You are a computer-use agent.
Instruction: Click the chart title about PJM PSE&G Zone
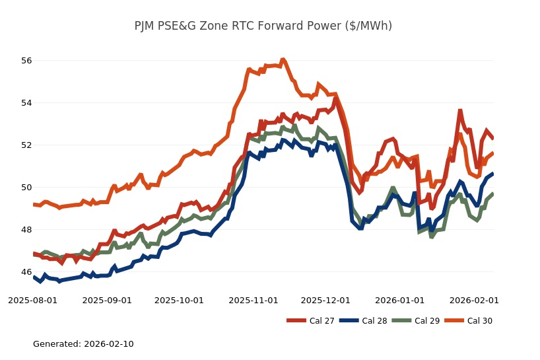(263, 26)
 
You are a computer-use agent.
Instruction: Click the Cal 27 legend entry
(310, 321)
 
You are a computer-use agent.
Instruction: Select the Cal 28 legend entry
(363, 321)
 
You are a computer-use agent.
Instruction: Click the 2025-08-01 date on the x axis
(33, 301)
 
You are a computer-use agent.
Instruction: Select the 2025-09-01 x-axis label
(107, 301)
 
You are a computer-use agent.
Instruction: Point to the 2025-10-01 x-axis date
(179, 301)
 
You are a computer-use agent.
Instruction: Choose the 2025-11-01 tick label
(253, 301)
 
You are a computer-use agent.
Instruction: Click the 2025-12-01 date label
(325, 301)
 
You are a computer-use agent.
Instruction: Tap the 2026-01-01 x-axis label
(400, 301)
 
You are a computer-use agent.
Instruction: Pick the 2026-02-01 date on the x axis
(474, 301)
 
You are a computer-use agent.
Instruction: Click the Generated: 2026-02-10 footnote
(83, 344)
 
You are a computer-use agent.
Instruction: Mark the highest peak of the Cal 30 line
(283, 59)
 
